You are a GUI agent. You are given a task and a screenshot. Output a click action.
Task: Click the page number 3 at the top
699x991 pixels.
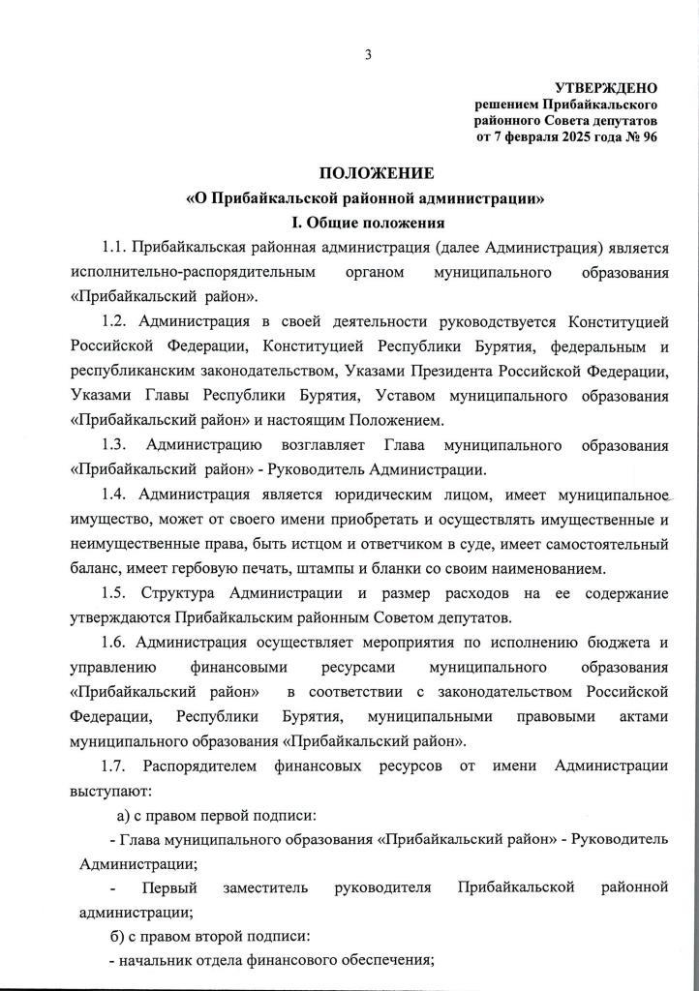click(368, 54)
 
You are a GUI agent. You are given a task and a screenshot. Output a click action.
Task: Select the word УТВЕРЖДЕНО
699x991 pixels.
click(606, 88)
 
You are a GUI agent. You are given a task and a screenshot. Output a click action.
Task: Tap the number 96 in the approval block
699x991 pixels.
click(648, 136)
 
